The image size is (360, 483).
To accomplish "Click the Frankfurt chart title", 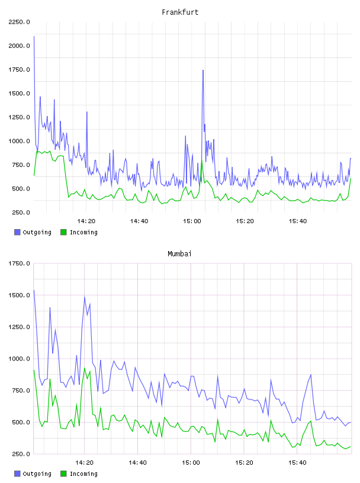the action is coord(180,12).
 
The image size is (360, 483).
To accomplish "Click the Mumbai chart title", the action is coord(179,254).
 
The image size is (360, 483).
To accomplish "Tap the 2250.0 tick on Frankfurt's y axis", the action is coord(19,22).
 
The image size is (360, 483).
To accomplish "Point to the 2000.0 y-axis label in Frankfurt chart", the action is coord(19,46).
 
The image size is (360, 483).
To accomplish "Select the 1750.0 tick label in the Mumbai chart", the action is coord(19,263).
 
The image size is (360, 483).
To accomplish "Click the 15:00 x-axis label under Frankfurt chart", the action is coord(192,221).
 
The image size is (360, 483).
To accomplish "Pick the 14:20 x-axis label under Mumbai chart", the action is coord(84,463).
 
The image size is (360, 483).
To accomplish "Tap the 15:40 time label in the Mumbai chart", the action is coord(297,463).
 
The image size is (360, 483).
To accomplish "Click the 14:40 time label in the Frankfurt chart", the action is coord(139,221).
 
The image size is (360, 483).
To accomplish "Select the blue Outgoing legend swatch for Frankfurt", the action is coord(17,232).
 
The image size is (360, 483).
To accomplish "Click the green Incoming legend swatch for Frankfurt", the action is coord(63,232).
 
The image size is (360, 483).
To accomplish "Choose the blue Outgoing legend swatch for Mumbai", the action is coord(17,474).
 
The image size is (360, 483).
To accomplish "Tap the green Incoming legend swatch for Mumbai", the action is coord(63,474).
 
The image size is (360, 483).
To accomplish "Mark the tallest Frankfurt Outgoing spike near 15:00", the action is coord(203,70).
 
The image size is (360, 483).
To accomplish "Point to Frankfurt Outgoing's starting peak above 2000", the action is coord(34,37).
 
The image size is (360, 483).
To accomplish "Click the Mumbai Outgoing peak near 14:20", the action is coord(85,297).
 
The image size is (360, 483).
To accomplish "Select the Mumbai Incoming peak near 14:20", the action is coord(85,368).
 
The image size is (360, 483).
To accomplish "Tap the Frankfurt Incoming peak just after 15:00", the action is coord(202,160).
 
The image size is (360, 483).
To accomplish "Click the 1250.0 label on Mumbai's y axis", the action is coord(19,327).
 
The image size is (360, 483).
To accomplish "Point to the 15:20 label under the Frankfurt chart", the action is coord(245,221).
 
